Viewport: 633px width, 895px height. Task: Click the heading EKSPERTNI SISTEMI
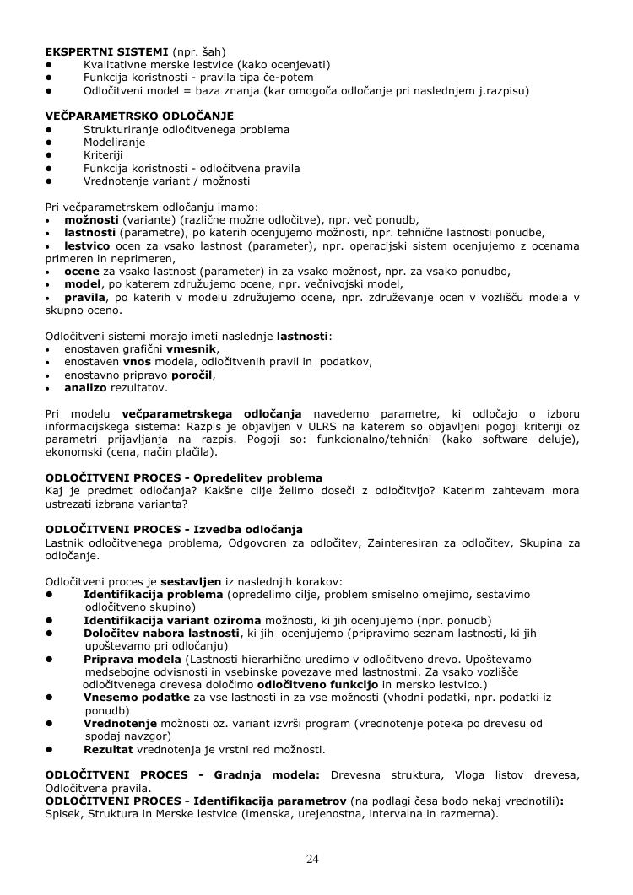(96, 51)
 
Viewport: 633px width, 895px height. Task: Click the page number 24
(312, 859)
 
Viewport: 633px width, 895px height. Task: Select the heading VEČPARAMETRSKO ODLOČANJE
(139, 116)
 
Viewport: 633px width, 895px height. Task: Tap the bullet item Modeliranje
(114, 143)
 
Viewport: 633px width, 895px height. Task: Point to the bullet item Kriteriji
(103, 155)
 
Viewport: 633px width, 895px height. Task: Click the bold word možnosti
(91, 219)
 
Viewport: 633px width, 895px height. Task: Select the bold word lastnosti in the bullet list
(90, 233)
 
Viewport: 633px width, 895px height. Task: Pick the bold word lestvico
(88, 245)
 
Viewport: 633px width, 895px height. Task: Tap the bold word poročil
(192, 375)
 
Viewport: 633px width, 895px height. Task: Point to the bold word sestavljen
(192, 581)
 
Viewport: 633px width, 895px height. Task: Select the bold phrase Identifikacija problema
(153, 594)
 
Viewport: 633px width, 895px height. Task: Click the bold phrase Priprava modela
(132, 658)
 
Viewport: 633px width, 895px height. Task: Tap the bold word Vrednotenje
(120, 723)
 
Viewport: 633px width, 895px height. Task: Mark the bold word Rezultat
(111, 749)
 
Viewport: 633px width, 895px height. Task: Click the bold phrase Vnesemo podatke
(136, 698)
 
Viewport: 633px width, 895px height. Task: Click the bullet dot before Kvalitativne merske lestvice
(50, 64)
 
